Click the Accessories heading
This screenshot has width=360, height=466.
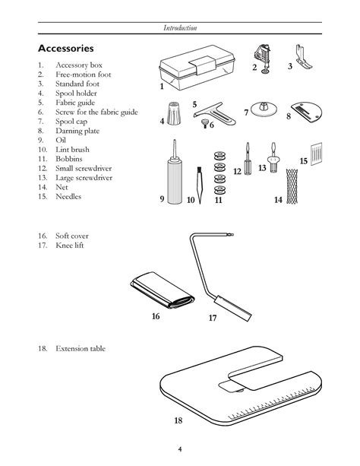click(x=65, y=48)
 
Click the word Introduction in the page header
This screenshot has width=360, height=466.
click(x=180, y=28)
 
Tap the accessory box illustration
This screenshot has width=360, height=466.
click(x=197, y=68)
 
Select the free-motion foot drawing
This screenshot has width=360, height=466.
click(x=264, y=59)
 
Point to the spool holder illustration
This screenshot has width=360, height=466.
click(x=173, y=113)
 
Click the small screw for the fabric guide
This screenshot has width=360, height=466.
click(x=204, y=122)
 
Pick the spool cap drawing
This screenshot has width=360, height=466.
click(x=264, y=109)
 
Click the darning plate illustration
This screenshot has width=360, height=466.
click(x=306, y=112)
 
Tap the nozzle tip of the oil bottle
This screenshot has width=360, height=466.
click(x=175, y=141)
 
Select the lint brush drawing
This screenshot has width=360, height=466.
click(x=200, y=185)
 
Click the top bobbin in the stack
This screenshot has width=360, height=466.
click(x=219, y=156)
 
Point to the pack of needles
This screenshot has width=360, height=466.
click(x=317, y=154)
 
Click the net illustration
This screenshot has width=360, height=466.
click(x=292, y=186)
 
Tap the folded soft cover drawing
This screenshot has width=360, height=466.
click(x=163, y=290)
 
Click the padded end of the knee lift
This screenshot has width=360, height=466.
click(x=233, y=308)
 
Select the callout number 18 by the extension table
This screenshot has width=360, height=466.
click(x=178, y=420)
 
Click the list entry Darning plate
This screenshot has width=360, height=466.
click(x=77, y=131)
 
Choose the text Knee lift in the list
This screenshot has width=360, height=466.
click(x=70, y=246)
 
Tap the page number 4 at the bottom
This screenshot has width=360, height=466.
click(x=180, y=449)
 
